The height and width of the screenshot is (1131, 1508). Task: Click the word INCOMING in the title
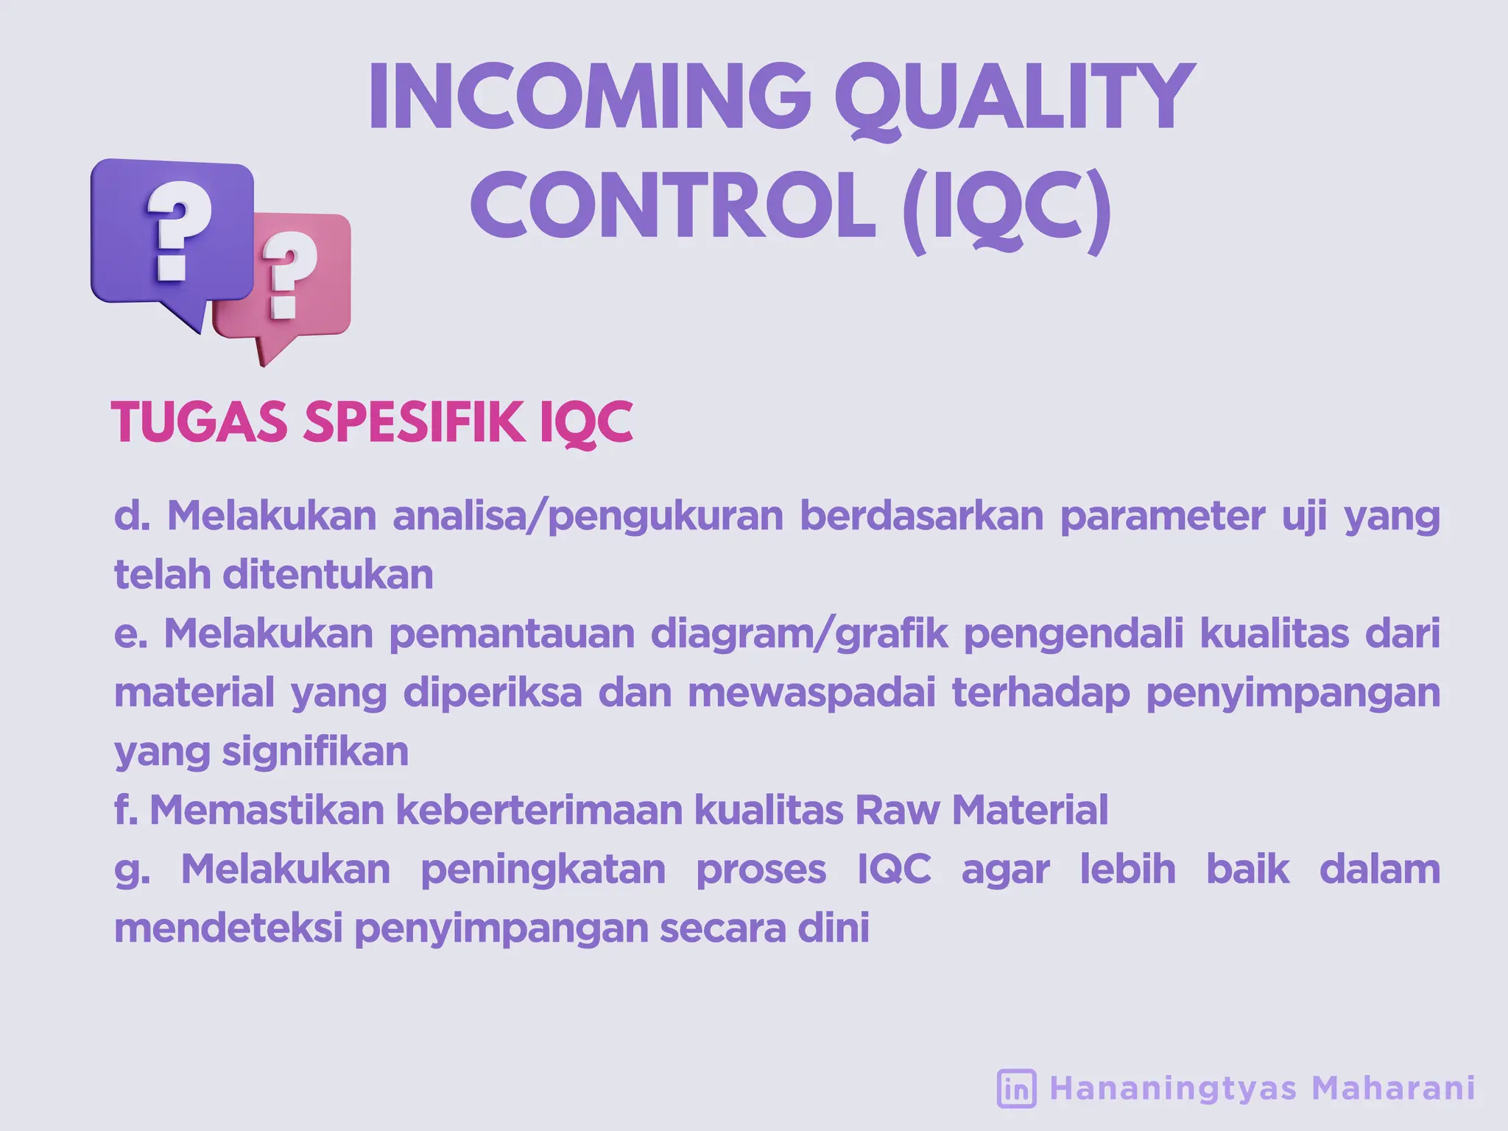coord(589,97)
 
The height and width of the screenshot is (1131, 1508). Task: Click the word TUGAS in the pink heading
coord(199,423)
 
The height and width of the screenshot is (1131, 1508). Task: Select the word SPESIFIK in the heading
coord(415,423)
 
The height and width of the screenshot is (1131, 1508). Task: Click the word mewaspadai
coord(811,693)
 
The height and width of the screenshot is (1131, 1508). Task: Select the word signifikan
coord(314,752)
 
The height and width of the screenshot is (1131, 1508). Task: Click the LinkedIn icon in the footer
coord(1016,1088)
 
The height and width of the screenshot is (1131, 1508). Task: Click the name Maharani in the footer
coord(1393,1088)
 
